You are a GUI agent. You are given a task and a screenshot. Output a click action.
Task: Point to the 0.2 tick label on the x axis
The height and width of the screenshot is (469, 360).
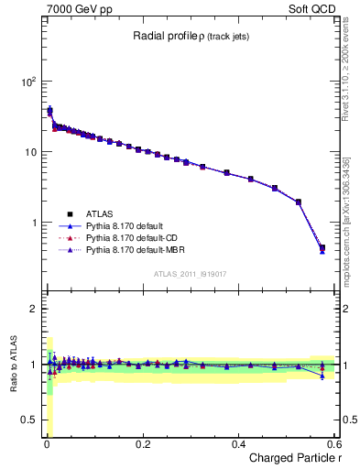click(142, 444)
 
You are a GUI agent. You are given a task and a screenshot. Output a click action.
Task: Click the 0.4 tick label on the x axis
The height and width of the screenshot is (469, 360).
click(238, 444)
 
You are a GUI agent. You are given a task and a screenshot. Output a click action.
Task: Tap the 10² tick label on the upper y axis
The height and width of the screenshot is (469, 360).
click(28, 81)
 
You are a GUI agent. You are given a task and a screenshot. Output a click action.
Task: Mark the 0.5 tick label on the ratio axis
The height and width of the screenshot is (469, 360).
click(28, 420)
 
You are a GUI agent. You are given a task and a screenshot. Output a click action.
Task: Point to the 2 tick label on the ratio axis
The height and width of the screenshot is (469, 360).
click(33, 309)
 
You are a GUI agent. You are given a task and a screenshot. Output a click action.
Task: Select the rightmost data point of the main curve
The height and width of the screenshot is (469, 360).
click(322, 247)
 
